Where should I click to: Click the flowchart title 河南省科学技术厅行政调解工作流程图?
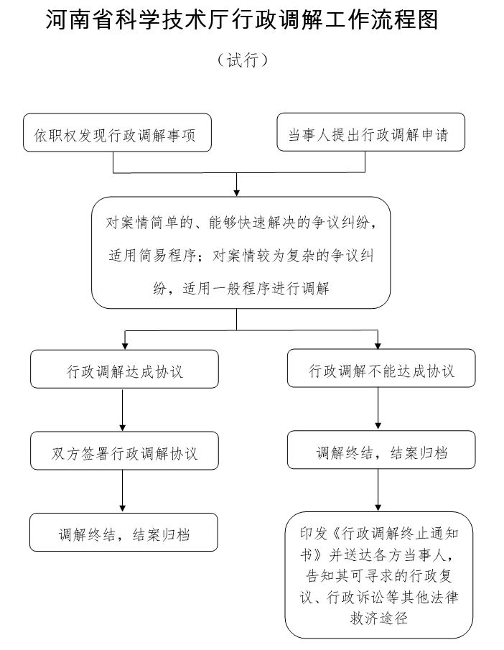pos(242,22)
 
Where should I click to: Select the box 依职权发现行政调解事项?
pos(117,133)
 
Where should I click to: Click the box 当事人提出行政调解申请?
pos(370,133)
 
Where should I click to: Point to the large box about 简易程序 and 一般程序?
pos(241,252)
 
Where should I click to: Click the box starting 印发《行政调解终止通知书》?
pos(379,575)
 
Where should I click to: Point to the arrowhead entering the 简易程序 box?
pos(237,192)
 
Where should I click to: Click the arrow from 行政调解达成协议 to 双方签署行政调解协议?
pos(123,409)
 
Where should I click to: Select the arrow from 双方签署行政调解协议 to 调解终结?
pos(123,491)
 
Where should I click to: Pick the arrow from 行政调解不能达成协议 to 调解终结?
pos(378,409)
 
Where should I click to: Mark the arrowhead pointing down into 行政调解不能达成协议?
pos(378,345)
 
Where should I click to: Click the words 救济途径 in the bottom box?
pos(378,616)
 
